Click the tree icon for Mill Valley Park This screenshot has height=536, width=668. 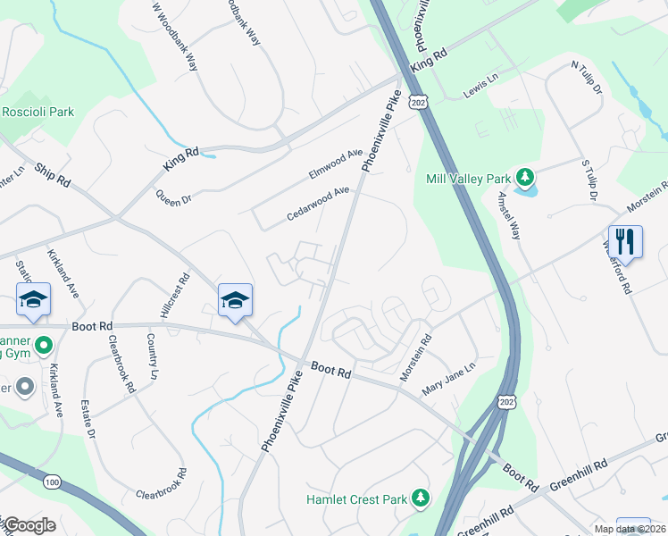coord(527,177)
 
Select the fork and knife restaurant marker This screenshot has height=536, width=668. coord(625,242)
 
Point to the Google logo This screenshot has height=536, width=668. coord(29,525)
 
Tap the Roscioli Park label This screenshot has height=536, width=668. coord(38,112)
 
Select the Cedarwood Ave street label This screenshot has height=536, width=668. coord(318,205)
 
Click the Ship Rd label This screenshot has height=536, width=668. coord(52,173)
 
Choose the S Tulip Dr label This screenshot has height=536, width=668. coord(588,179)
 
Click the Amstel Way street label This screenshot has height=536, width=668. coord(509,215)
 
